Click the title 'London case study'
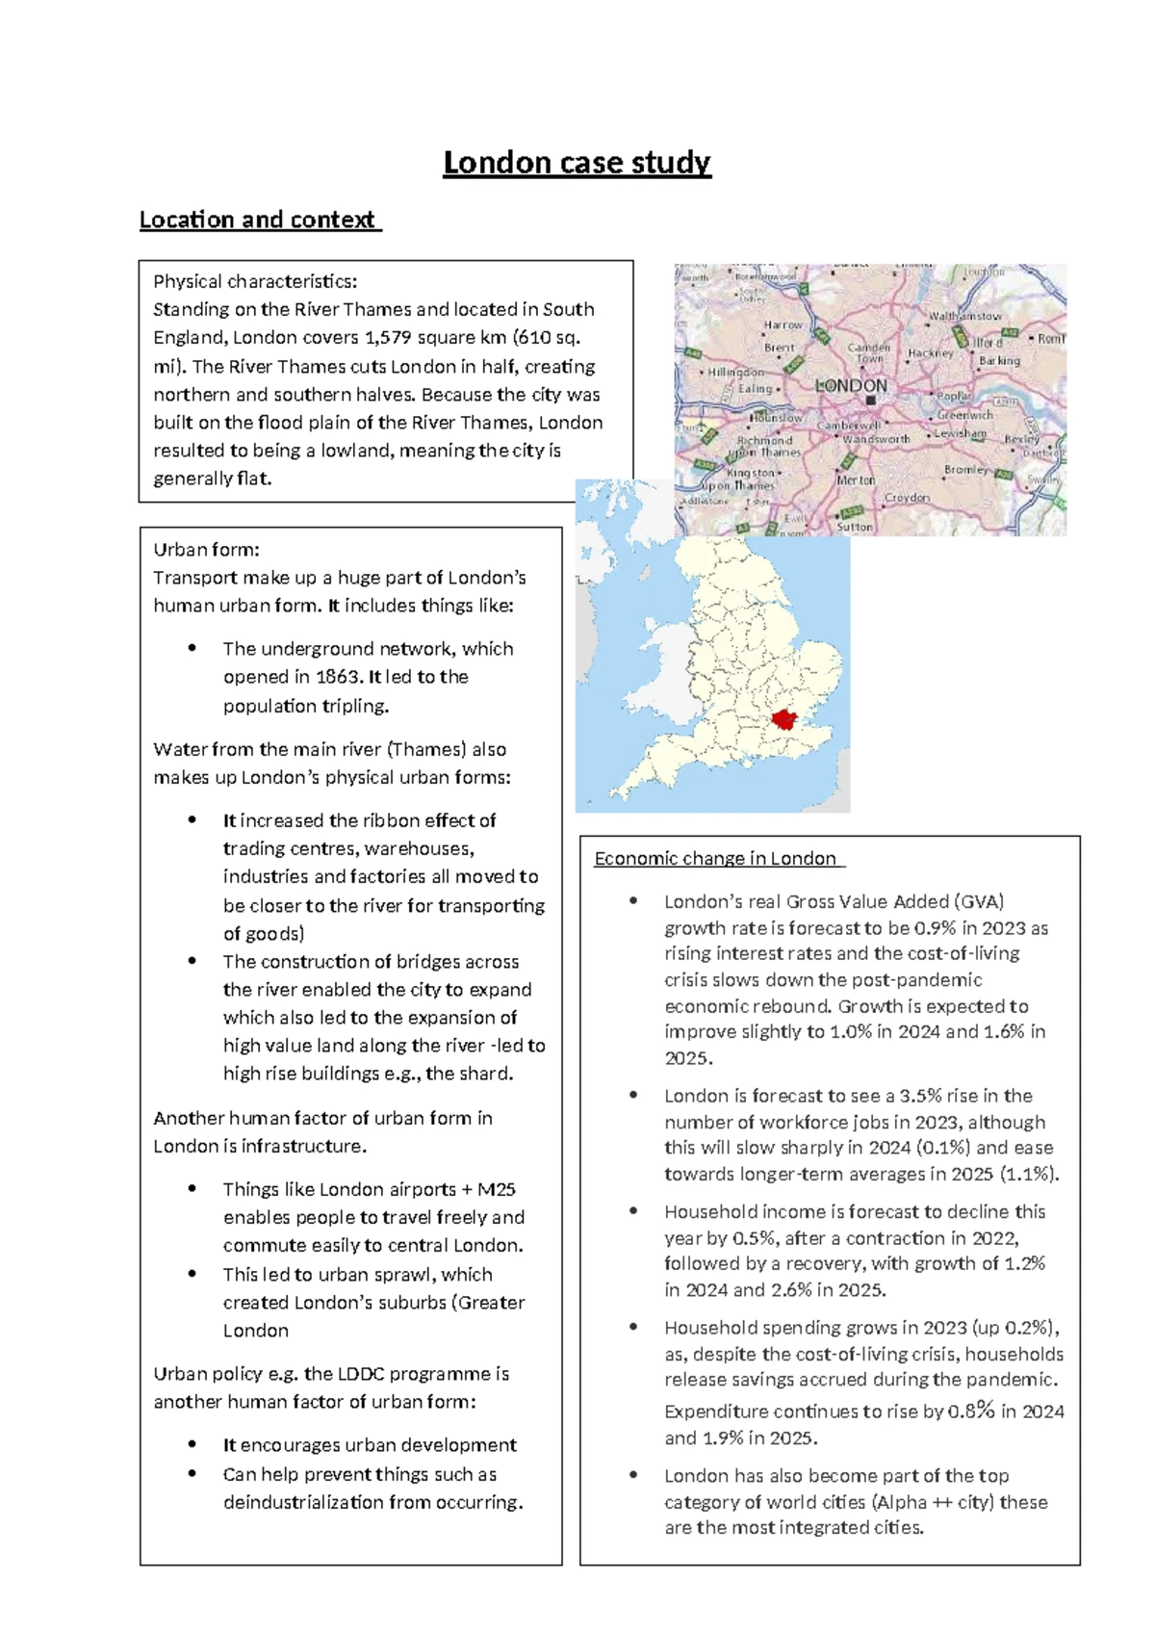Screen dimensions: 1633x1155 577,163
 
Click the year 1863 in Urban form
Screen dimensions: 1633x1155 338,677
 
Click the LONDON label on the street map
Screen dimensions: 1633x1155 851,385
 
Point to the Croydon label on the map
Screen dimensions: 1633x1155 907,498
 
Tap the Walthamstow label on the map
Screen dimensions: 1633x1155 964,316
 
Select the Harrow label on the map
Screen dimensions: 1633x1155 783,325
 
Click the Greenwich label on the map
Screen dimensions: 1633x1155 964,415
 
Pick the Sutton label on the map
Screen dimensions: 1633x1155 855,527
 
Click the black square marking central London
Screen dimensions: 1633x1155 870,400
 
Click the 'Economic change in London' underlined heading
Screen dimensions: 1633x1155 715,858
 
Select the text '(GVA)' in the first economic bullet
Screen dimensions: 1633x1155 980,902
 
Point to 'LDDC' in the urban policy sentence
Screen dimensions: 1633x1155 361,1374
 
